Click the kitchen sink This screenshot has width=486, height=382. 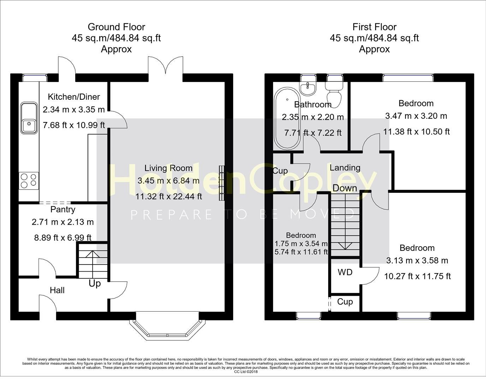tap(29, 118)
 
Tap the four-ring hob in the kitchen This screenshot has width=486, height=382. tap(29, 180)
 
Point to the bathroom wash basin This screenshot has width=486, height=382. tap(308, 88)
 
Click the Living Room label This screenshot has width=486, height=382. tap(168, 168)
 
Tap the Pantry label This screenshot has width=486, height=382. tap(63, 209)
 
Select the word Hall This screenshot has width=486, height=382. tap(57, 290)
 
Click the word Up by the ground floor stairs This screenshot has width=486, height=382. tap(95, 283)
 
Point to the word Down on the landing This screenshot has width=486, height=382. tap(345, 188)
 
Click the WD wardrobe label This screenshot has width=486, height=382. tap(345, 272)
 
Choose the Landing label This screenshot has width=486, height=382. tap(345, 168)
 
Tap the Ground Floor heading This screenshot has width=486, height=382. tap(116, 27)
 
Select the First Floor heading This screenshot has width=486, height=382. tap(374, 27)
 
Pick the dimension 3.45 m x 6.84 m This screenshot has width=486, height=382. tap(168, 181)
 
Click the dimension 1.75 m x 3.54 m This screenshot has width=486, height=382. tap(301, 244)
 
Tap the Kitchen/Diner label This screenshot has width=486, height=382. tap(74, 97)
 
